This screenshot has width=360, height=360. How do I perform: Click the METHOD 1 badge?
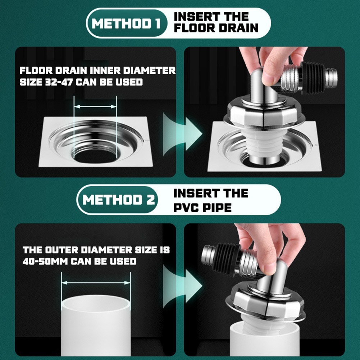[x=126, y=23]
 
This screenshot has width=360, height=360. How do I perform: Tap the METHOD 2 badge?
[x=118, y=200]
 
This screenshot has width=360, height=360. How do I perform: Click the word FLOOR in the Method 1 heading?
[x=195, y=28]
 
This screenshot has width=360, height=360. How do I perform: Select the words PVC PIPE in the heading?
[x=202, y=207]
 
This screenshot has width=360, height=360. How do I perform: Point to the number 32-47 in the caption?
[x=59, y=82]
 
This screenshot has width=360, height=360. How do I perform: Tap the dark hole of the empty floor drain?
[x=95, y=156]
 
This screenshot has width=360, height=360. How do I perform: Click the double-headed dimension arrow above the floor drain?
[x=95, y=106]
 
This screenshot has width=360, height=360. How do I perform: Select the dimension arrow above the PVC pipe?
[x=96, y=283]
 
